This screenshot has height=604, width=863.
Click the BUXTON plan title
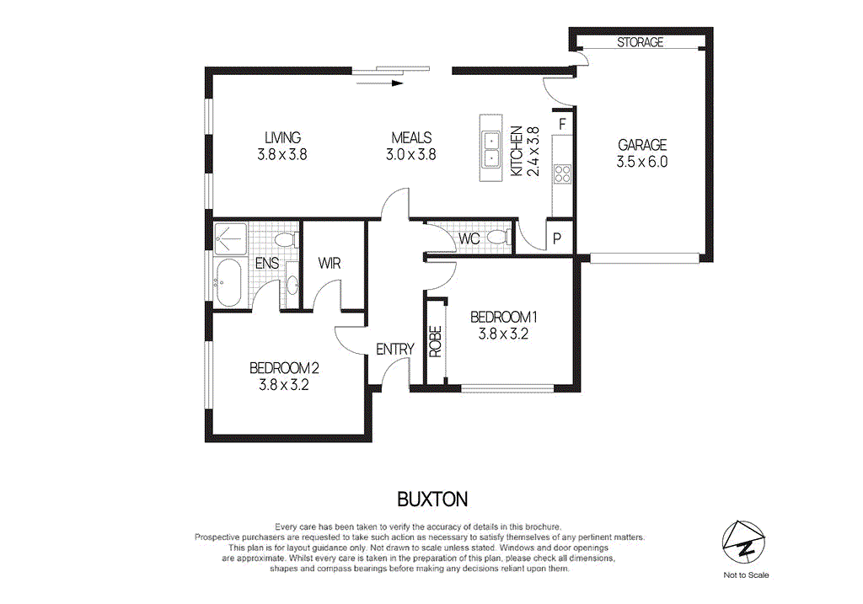click(431, 500)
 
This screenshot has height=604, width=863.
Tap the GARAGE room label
click(642, 145)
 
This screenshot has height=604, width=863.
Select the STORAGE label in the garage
click(641, 42)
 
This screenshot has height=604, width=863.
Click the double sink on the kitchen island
click(490, 149)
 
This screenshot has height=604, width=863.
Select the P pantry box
click(557, 238)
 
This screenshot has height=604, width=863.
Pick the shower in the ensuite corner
click(230, 239)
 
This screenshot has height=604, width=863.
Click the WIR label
click(330, 263)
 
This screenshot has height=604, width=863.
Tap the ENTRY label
click(394, 350)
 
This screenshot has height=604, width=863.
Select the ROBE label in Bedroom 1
click(436, 342)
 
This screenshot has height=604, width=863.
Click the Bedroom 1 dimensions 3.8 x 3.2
click(503, 333)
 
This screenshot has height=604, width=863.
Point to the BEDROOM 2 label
click(284, 368)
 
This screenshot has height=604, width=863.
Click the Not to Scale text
click(745, 575)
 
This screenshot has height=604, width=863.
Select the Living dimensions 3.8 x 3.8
click(281, 154)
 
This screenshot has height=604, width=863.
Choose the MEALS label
click(410, 138)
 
